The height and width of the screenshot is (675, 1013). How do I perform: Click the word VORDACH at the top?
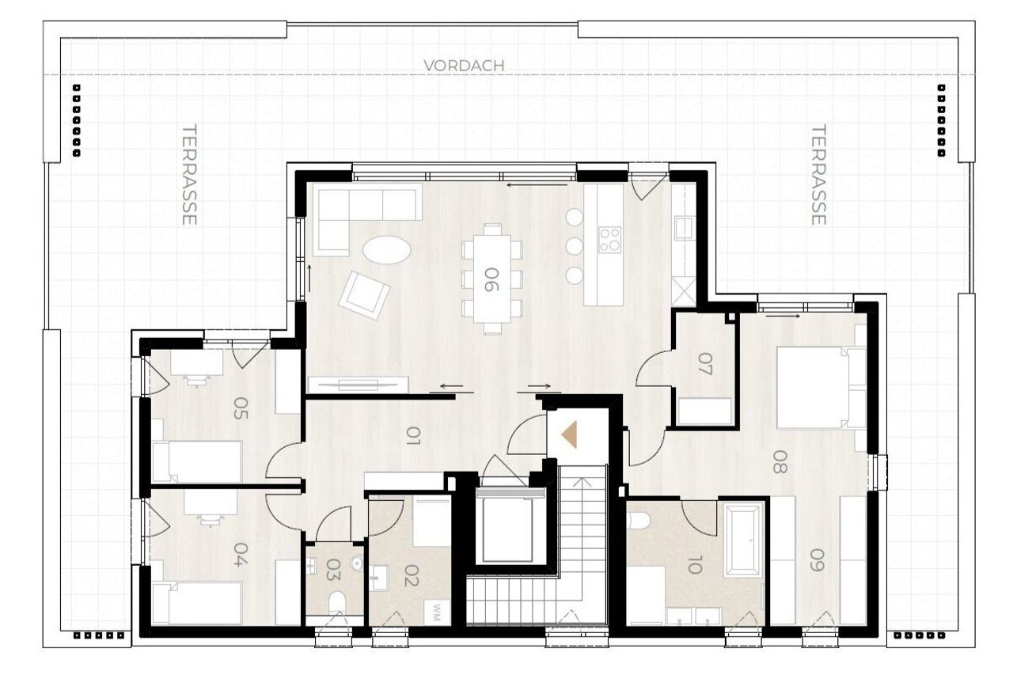464,66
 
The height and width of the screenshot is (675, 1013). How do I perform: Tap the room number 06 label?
491,279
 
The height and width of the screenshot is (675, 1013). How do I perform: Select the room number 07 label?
704,364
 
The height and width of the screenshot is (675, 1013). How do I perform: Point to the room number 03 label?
334,570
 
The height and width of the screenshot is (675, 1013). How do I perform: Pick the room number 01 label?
413,436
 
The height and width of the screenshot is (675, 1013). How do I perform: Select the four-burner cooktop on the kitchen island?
610,240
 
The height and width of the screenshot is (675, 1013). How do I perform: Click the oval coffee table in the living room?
387,249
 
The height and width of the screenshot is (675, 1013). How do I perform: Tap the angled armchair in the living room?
364,296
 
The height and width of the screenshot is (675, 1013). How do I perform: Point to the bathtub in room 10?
743,541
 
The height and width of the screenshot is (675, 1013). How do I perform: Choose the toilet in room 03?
336,604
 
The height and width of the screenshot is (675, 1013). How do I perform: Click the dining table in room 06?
492,279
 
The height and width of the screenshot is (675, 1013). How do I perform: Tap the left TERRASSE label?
189,175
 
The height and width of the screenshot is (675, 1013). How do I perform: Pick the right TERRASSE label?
818,175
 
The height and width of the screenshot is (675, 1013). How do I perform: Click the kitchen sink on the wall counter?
683,227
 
